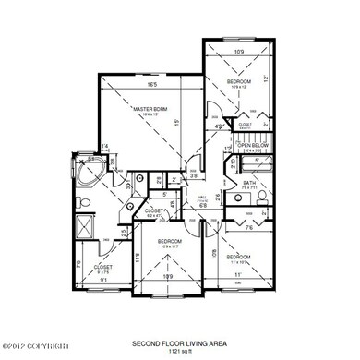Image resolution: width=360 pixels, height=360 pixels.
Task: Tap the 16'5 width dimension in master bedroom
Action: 150,84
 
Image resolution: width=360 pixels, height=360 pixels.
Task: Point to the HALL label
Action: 202,197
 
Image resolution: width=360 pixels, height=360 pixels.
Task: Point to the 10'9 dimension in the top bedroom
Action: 239,52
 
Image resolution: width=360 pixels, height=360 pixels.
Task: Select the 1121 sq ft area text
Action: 179,351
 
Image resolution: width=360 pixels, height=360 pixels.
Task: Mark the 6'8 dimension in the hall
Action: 203,206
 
